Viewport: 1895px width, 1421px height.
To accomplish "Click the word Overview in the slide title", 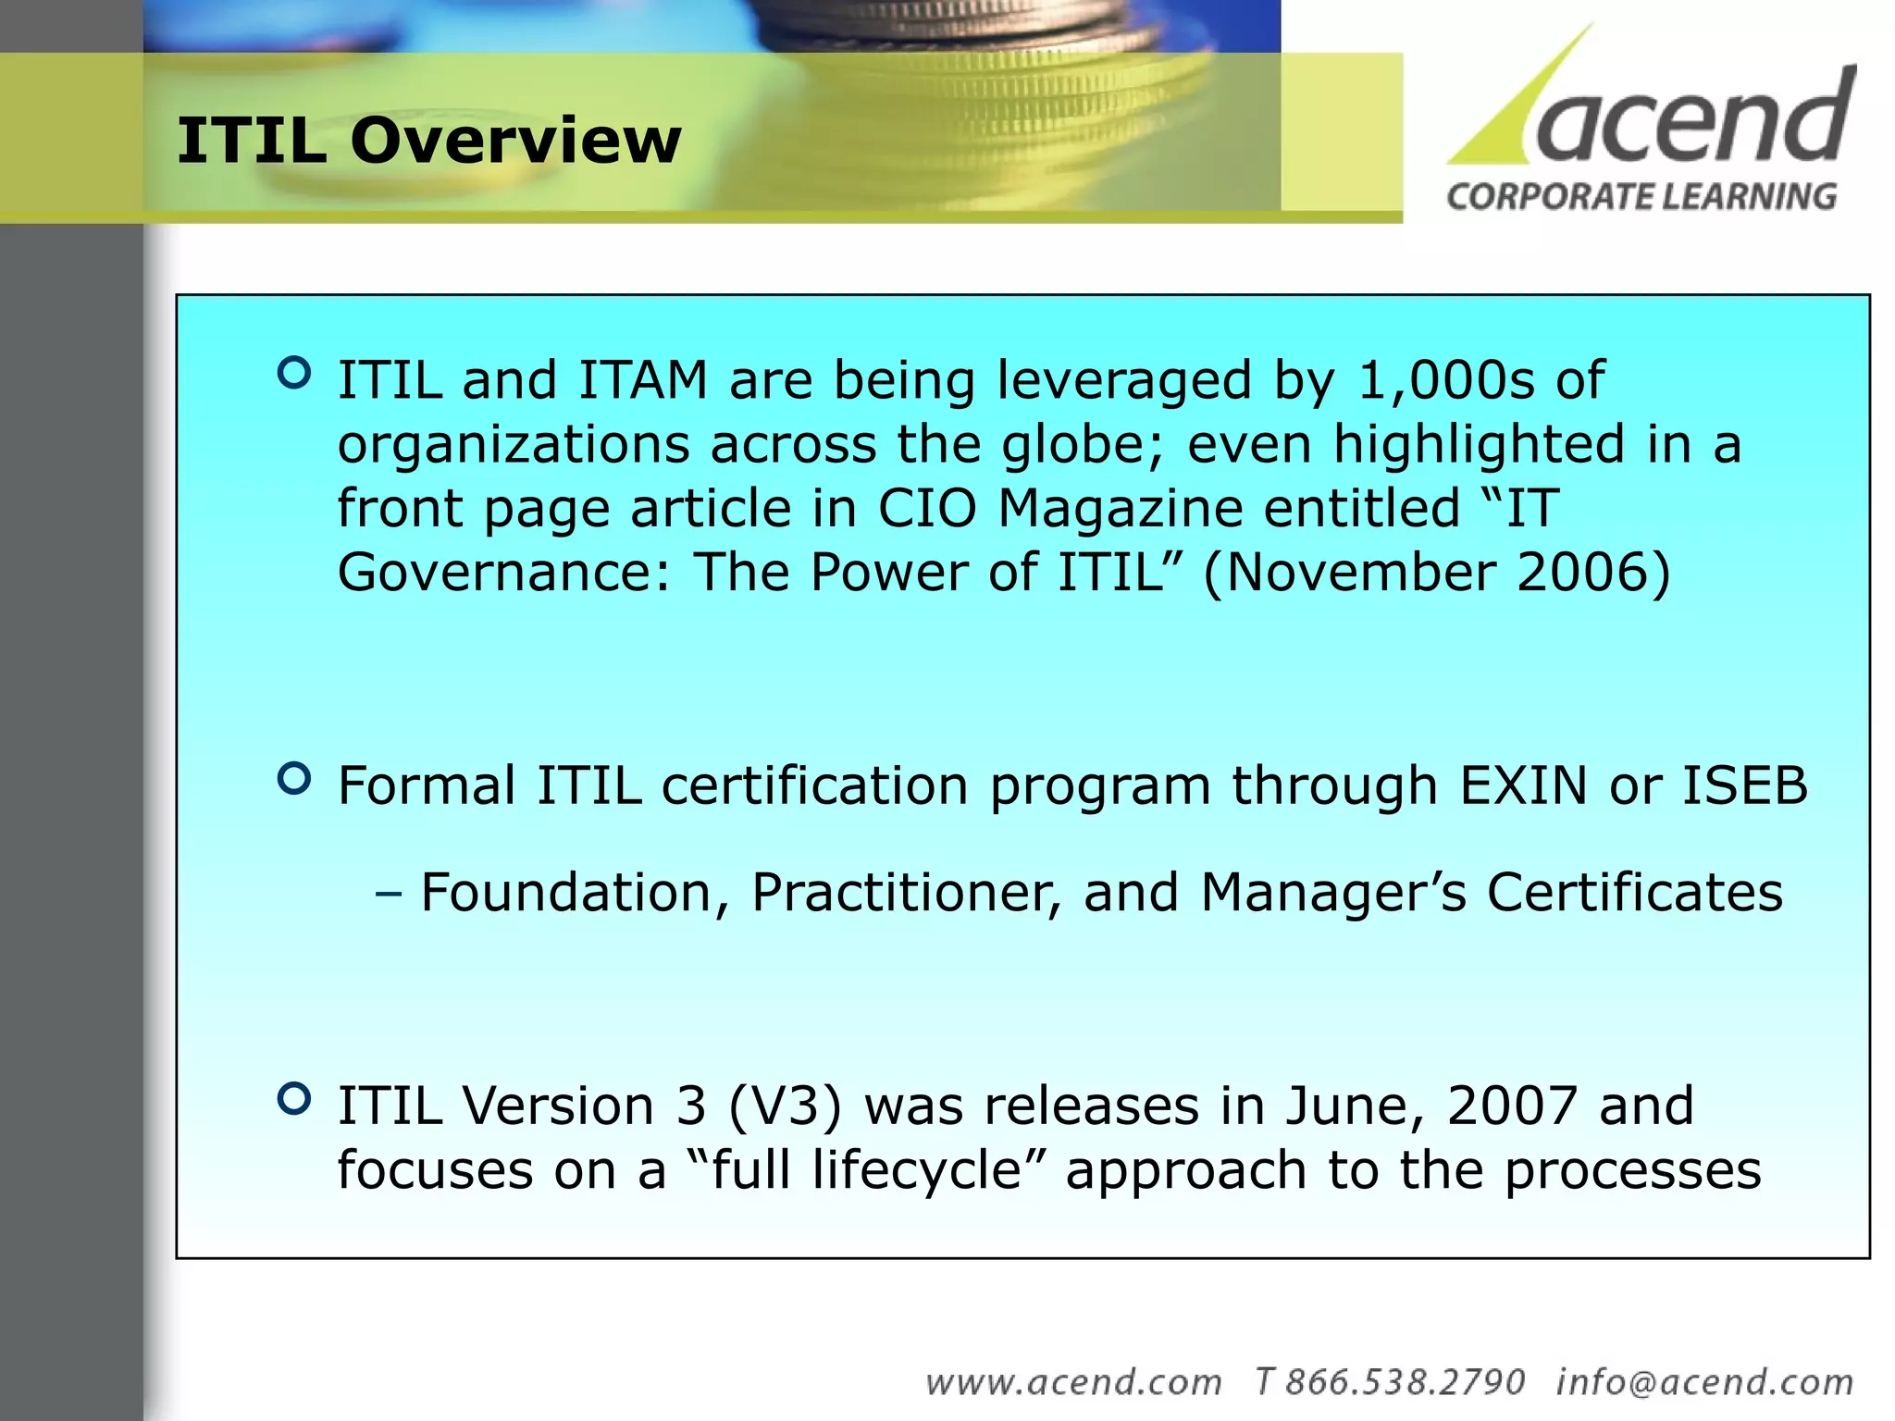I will click(515, 141).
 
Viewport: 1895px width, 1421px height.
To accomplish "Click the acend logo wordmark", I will click(1693, 120).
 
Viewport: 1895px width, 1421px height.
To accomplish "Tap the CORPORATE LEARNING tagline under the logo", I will click(1641, 197).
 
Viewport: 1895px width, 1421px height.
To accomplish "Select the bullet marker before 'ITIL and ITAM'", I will click(294, 373).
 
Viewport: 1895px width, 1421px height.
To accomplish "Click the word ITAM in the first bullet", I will click(642, 380).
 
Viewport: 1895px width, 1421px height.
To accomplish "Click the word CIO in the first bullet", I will click(926, 508).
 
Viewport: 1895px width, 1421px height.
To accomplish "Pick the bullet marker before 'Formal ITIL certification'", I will click(294, 778).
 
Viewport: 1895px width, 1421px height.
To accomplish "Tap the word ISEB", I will click(1744, 785).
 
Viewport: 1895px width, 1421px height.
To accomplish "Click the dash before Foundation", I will click(390, 894).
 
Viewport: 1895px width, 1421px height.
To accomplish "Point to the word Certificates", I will click(1634, 893).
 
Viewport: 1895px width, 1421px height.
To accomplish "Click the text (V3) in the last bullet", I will click(786, 1106).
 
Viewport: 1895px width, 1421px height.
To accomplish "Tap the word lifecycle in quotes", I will click(916, 1169).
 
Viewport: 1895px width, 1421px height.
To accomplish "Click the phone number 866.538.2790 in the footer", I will click(1405, 1382).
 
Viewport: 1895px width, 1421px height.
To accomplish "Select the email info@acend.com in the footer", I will click(1704, 1382).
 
